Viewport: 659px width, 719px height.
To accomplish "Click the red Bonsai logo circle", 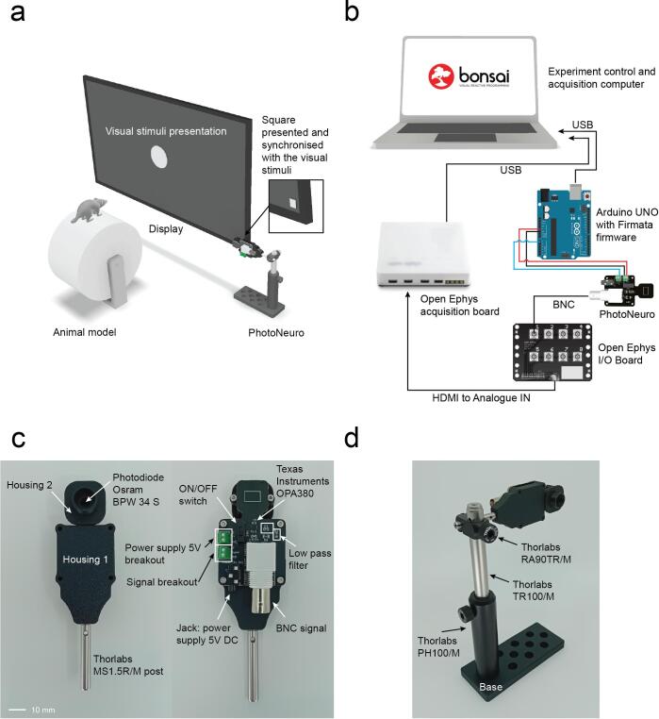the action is tap(441, 76).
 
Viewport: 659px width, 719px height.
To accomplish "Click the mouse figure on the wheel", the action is tap(88, 210).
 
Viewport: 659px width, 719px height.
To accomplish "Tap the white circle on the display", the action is tap(159, 157).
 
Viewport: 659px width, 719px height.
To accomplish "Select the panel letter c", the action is tap(18, 439).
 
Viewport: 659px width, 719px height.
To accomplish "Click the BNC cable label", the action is tap(563, 305).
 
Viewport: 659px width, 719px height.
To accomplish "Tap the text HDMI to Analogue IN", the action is tap(481, 398).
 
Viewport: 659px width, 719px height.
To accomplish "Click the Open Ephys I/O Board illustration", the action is tap(552, 352).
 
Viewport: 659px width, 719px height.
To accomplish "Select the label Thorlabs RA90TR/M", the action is tap(546, 554).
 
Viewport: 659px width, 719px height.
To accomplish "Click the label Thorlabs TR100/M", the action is tap(533, 591).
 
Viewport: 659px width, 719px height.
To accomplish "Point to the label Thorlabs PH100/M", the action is tap(438, 646).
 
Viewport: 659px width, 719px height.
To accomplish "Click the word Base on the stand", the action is tap(490, 687).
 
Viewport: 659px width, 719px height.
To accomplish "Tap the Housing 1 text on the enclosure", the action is tap(85, 560).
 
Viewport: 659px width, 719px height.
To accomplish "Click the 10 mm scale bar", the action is tap(17, 710).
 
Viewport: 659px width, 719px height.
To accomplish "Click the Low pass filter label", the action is tap(310, 559).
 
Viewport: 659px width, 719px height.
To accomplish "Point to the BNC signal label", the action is tap(301, 628).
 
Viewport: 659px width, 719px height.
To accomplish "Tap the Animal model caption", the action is tap(84, 332).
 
